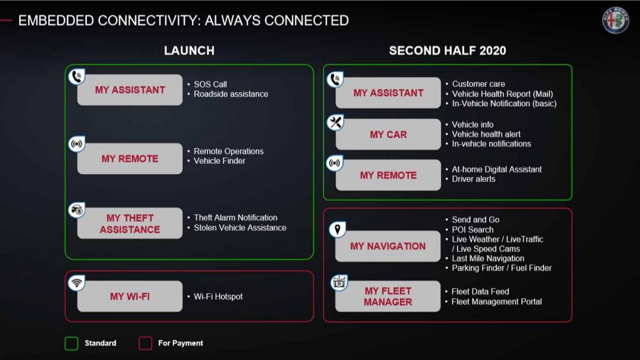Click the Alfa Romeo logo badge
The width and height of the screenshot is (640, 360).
616,20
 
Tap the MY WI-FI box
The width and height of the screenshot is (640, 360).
130,296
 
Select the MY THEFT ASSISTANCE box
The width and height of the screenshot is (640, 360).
130,224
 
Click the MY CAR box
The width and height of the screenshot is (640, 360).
388,134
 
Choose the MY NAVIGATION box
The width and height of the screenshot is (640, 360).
388,246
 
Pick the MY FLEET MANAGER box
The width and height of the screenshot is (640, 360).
388,296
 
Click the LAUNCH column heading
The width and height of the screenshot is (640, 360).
189,51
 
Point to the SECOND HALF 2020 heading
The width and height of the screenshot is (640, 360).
448,51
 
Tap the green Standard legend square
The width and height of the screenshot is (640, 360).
72,343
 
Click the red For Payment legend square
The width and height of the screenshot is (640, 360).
145,343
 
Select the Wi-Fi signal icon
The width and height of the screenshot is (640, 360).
76,283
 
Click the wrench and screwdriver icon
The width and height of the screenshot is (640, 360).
335,122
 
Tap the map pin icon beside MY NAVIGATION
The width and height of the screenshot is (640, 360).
337,229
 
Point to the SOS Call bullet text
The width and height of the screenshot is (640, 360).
210,85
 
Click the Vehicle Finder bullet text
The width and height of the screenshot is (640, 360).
220,161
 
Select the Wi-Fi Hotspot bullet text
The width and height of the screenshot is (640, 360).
218,297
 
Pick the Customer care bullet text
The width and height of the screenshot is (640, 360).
479,84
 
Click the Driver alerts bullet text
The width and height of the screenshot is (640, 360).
474,179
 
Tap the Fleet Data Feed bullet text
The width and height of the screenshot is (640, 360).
480,292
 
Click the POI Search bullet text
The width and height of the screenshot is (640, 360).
473,230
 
